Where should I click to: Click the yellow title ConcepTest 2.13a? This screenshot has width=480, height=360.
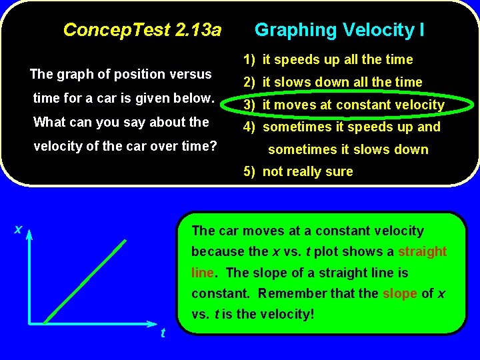(141, 30)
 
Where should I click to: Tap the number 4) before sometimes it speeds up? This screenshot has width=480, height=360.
(249, 127)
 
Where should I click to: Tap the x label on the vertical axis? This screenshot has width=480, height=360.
(18, 229)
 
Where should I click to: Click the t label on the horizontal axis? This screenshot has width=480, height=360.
(163, 333)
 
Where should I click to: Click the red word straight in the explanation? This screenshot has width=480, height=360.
(422, 251)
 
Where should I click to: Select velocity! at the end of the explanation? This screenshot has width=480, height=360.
(287, 314)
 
